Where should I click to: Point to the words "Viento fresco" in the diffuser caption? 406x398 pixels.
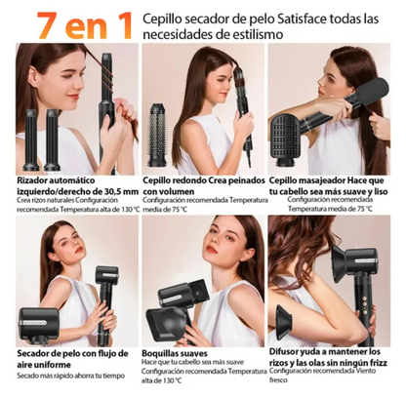tap(366, 373)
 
